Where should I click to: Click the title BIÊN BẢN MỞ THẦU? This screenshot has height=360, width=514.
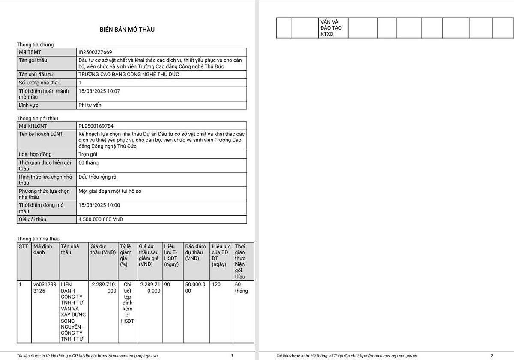click(127, 30)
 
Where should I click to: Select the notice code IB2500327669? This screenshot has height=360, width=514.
click(95, 52)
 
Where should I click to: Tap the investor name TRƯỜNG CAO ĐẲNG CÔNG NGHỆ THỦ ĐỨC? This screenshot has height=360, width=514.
click(129, 75)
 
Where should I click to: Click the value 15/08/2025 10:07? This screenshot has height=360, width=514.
click(99, 91)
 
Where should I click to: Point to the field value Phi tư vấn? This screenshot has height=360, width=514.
click(90, 105)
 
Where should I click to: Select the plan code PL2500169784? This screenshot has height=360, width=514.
click(96, 126)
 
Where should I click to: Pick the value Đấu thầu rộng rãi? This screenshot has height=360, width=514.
click(98, 177)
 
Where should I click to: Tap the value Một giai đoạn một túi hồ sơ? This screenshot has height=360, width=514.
click(110, 191)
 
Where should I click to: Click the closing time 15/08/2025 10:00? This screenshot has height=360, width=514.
click(99, 205)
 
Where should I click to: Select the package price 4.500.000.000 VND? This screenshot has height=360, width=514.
click(101, 219)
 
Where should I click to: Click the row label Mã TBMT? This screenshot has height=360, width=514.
click(30, 52)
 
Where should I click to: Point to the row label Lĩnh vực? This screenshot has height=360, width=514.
click(28, 105)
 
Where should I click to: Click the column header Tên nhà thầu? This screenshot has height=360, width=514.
click(70, 249)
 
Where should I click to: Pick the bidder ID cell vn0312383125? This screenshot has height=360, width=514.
click(45, 288)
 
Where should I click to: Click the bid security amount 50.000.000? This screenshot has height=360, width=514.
click(195, 288)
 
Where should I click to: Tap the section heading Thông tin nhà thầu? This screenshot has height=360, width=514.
click(38, 239)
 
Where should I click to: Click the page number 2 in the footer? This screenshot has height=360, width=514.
click(492, 356)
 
